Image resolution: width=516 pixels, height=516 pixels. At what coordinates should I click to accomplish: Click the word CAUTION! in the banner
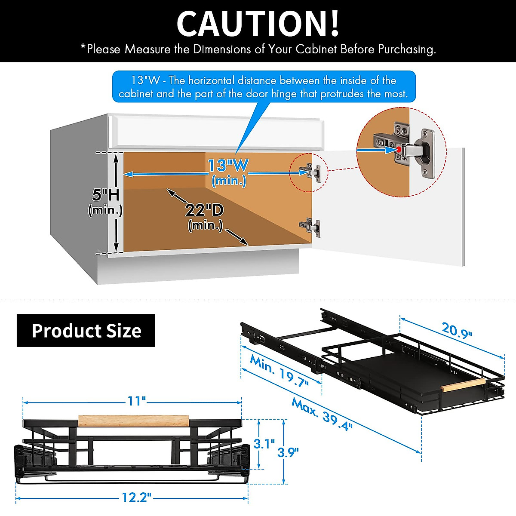tap(258, 24)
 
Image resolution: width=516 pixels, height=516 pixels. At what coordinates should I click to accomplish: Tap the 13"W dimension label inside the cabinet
tap(228, 166)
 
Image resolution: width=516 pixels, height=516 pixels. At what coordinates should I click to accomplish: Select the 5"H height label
tap(105, 195)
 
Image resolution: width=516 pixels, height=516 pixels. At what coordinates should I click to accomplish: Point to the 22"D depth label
tap(205, 210)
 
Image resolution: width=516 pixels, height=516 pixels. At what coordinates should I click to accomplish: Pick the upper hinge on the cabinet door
tap(311, 172)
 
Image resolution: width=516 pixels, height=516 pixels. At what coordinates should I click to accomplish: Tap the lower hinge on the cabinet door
tap(310, 226)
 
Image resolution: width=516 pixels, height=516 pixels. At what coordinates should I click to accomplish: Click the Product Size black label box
tap(86, 330)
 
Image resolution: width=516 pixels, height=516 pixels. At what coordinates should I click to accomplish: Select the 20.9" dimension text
tap(457, 330)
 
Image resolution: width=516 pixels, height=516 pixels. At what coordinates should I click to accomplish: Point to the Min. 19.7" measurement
tap(279, 371)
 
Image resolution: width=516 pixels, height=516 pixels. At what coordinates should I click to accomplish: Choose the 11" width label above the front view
tap(137, 401)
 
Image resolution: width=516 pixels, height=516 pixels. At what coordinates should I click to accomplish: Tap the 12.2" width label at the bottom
tap(137, 498)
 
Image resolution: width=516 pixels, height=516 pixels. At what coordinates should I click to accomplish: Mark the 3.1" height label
tap(264, 443)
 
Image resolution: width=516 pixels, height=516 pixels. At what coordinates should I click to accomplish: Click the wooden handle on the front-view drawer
tap(134, 420)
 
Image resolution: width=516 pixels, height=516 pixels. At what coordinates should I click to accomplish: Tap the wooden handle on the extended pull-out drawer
tap(464, 385)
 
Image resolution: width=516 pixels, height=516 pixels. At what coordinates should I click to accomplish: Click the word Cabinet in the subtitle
tap(316, 49)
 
